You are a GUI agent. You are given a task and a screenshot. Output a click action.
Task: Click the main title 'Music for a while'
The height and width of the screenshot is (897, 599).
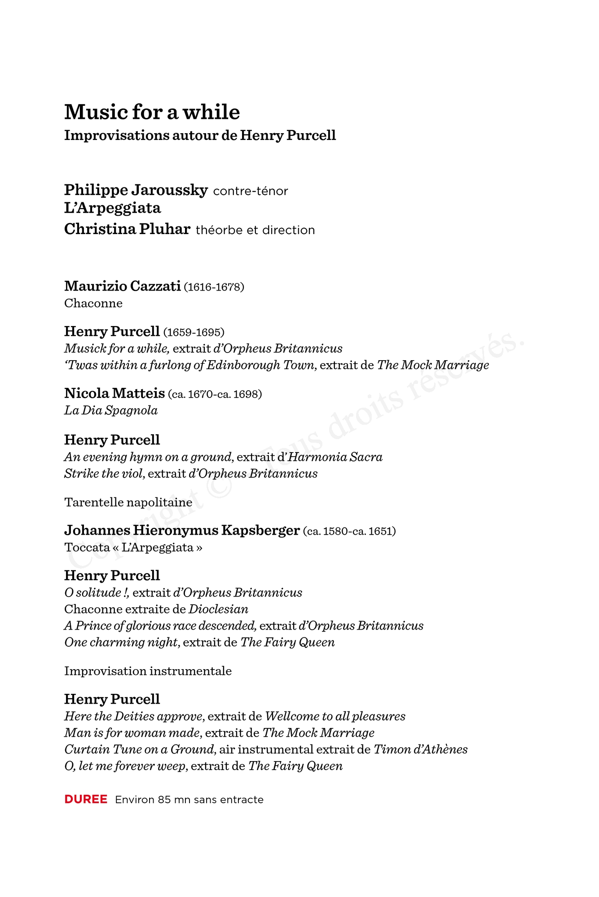coord(152,112)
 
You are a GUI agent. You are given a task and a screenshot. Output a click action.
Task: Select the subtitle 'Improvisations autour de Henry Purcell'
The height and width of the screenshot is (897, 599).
coord(200,135)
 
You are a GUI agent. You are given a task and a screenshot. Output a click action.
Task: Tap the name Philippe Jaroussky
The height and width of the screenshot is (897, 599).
coord(136,190)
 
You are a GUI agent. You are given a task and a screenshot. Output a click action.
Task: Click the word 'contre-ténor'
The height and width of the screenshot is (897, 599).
coord(250,192)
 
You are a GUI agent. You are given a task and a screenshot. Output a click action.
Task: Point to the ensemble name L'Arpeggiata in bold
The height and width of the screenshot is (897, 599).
coord(112,208)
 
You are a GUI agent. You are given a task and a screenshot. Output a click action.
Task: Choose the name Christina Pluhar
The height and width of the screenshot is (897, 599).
coord(127,229)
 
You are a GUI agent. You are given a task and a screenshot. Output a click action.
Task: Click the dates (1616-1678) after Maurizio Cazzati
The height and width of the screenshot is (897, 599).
coord(214,287)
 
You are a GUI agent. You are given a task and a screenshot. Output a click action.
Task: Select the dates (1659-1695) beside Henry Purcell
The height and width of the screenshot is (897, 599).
coord(194,332)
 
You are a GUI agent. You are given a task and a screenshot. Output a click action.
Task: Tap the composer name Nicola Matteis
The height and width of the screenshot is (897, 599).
coord(115,393)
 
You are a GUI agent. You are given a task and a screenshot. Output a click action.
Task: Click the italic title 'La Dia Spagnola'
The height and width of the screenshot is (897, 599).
coord(111,410)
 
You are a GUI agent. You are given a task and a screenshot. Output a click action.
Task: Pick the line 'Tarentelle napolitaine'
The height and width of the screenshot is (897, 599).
coord(128,502)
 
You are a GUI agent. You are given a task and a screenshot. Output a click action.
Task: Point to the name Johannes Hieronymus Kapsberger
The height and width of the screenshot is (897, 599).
coord(182,531)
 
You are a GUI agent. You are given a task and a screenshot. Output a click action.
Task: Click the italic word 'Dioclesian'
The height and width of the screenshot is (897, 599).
coord(218,609)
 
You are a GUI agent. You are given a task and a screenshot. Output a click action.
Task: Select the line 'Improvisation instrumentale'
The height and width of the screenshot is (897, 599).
coord(148,671)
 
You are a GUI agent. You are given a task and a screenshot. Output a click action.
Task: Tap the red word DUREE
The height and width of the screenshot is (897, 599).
coord(86,800)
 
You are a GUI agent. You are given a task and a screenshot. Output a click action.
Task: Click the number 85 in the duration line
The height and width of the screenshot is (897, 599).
coord(164,800)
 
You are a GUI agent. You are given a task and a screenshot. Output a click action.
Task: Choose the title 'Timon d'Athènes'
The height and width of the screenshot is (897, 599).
coord(420,749)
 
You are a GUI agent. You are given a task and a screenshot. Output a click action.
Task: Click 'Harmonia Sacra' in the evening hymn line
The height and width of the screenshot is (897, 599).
coord(335,457)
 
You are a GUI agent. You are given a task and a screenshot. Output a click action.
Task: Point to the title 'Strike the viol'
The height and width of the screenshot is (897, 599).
coord(104,474)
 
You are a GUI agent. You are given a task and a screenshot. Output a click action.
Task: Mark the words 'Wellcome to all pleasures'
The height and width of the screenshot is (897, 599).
coord(335,716)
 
